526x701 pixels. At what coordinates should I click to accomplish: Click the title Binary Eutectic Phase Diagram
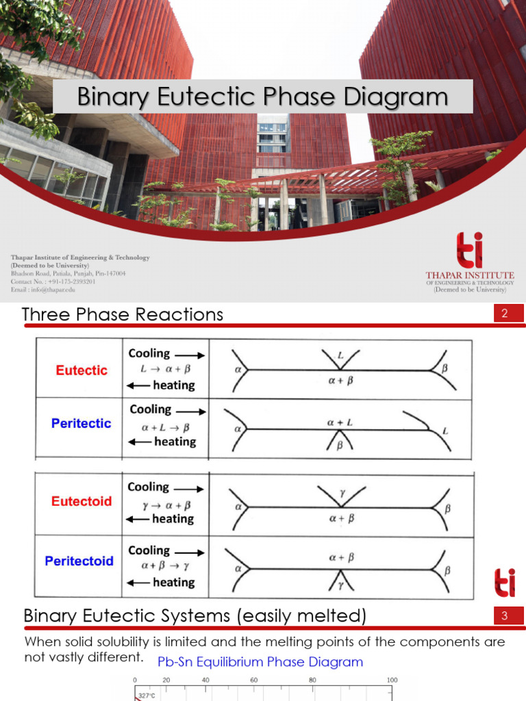coord(262,97)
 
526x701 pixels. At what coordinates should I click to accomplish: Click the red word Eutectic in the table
coord(82,370)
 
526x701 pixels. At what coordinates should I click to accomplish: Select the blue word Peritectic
coord(81,424)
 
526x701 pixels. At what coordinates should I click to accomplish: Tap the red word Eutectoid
coord(82,501)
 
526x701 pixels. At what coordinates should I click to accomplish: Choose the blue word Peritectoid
coord(79,561)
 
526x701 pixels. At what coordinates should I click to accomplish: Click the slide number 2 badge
coord(503,314)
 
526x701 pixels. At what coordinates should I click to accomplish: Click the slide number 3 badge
coord(503,616)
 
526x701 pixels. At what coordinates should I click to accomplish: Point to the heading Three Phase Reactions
coord(123,314)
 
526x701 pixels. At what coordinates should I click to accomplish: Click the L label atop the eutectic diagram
coord(340,356)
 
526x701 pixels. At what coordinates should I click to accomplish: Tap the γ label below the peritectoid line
coord(340,585)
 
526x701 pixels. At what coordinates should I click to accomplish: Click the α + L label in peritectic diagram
coord(340,423)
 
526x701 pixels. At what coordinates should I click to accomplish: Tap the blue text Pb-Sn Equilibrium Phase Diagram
coord(260,662)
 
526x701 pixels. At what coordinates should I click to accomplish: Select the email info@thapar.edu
coord(43,290)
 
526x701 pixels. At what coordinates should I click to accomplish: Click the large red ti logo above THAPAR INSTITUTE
coord(469,250)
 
